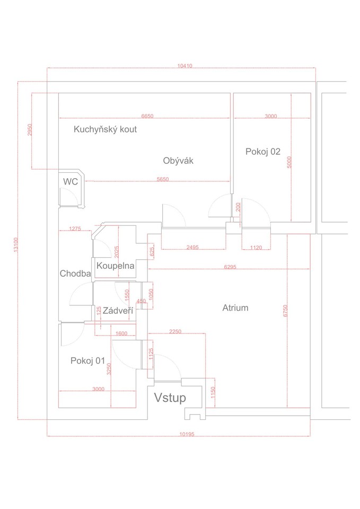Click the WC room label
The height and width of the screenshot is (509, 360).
coord(71,181)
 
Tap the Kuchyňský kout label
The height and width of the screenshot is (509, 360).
coord(105,129)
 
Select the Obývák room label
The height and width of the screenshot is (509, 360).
coord(178,161)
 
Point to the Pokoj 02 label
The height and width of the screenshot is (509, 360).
coord(262,152)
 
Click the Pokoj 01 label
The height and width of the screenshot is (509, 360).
coord(87,361)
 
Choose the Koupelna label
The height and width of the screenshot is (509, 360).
coord(115,266)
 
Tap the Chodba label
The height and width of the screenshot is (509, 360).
coord(75,274)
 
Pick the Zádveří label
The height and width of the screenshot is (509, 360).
coord(118,311)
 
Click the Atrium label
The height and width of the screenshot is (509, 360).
coord(235,308)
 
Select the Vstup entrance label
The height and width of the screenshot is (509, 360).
coord(170,398)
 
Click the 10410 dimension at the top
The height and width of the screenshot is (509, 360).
coord(185,66)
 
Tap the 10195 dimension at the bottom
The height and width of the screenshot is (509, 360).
coord(187,434)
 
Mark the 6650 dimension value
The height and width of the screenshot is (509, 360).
coord(147,116)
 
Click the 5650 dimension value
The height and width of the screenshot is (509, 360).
coord(163,179)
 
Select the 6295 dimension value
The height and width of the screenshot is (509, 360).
coord(230,267)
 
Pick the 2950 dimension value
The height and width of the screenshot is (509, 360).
coord(30,130)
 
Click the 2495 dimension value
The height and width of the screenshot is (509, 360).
coord(192,248)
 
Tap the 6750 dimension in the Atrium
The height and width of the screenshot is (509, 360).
coord(285,311)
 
